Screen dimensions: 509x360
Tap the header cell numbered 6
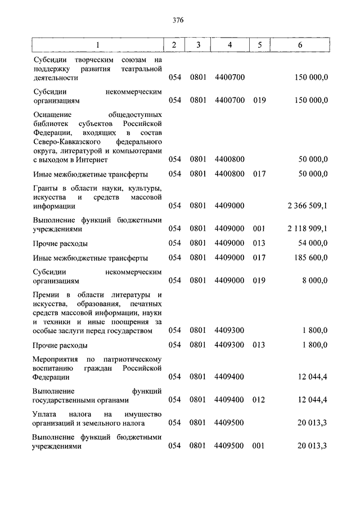pyautogui.click(x=301, y=44)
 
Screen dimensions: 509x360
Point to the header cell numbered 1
pyautogui.click(x=97, y=44)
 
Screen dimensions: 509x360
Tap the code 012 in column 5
pyautogui.click(x=259, y=400)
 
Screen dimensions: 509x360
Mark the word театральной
pyautogui.click(x=141, y=69)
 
